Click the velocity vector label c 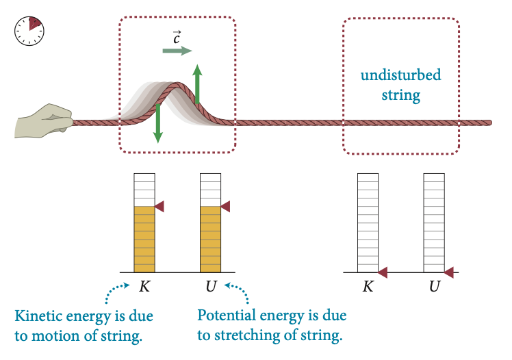(x=177, y=37)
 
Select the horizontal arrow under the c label (x=177, y=51)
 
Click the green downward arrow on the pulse (x=158, y=123)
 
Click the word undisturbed (x=401, y=75)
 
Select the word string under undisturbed (x=401, y=94)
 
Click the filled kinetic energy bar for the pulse (x=144, y=239)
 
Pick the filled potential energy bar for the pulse (x=210, y=239)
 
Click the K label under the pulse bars (x=144, y=286)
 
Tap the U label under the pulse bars (x=211, y=286)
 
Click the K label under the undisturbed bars (x=368, y=286)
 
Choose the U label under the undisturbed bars (x=434, y=286)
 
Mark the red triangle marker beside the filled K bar (x=159, y=206)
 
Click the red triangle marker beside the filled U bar (x=225, y=206)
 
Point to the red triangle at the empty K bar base (x=383, y=272)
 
